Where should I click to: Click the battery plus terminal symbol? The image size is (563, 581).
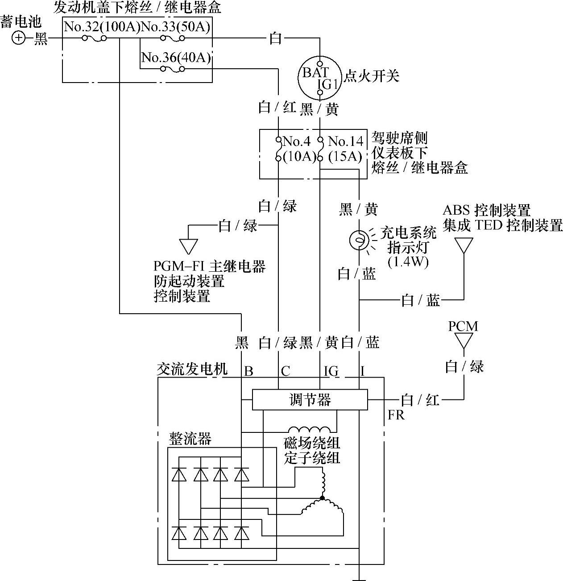coord(19,38)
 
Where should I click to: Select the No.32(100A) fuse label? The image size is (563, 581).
coord(102,27)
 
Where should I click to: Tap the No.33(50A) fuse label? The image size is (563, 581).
coord(175,27)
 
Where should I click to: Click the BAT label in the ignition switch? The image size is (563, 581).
coord(315,72)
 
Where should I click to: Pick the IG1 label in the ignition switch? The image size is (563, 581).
coord(327,84)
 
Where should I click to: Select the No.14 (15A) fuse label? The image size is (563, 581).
coord(345,149)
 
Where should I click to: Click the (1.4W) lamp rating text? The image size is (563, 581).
coord(408,262)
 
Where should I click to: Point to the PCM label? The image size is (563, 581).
coord(463,326)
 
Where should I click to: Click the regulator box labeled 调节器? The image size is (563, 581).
coord(310,399)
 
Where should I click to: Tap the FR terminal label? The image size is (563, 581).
coord(396,415)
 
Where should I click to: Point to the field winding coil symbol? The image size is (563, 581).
coord(310,429)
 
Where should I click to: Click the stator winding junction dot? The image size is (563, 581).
coord(322,498)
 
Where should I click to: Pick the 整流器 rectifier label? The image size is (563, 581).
coord(190,439)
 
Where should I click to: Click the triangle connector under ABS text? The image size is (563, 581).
coord(464,245)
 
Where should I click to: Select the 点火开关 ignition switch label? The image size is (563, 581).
coord(371,76)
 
